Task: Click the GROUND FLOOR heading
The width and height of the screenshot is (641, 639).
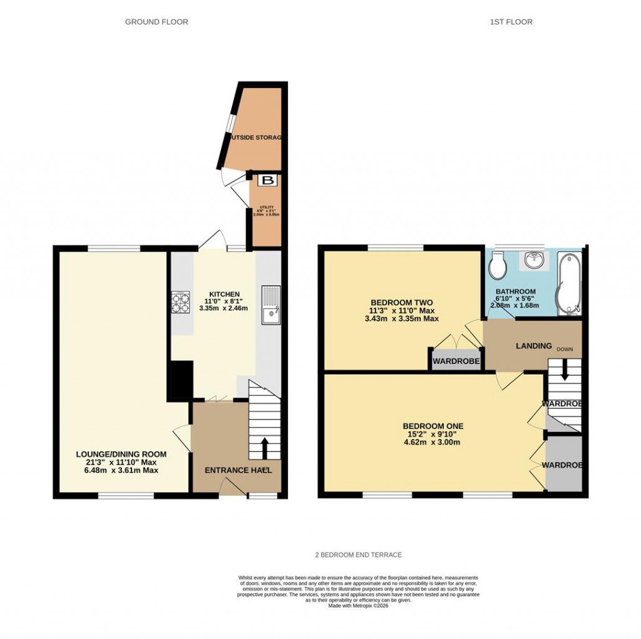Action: click(x=156, y=22)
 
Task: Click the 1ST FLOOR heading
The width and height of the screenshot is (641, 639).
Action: click(x=511, y=22)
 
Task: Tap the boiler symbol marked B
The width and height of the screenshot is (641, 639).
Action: click(x=268, y=181)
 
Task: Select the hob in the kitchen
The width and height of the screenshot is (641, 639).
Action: click(x=181, y=303)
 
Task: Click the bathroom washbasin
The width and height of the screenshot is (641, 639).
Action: click(x=534, y=261)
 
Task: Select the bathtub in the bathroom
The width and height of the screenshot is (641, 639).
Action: click(x=568, y=282)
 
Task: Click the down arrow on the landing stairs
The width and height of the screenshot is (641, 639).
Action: click(x=565, y=373)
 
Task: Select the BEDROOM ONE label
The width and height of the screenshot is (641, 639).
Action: click(x=433, y=426)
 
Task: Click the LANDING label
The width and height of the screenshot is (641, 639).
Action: click(x=533, y=346)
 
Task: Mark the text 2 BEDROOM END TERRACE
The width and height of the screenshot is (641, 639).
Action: click(x=358, y=555)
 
